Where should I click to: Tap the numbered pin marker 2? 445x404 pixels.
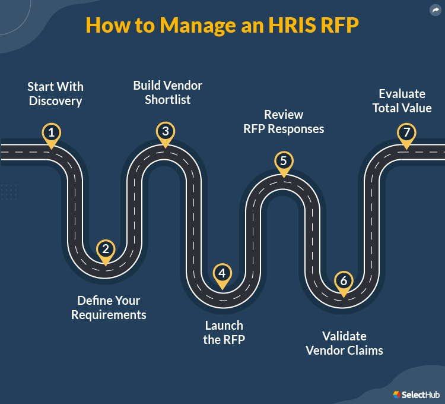pyautogui.click(x=106, y=250)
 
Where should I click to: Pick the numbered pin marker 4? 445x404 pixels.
pyautogui.click(x=222, y=274)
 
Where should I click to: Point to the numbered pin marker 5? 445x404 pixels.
pyautogui.click(x=284, y=161)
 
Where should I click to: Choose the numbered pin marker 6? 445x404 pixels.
pyautogui.click(x=343, y=280)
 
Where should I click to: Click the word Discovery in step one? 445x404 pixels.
pyautogui.click(x=55, y=101)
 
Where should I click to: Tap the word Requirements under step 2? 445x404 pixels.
pyautogui.click(x=109, y=315)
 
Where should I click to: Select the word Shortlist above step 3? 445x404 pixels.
pyautogui.click(x=168, y=100)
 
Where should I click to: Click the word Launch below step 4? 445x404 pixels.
pyautogui.click(x=224, y=326)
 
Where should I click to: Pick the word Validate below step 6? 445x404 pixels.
pyautogui.click(x=344, y=336)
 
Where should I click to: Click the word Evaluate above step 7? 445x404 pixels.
pyautogui.click(x=402, y=94)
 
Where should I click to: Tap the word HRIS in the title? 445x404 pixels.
pyautogui.click(x=266, y=25)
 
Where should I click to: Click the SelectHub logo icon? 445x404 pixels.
pyautogui.click(x=397, y=394)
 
